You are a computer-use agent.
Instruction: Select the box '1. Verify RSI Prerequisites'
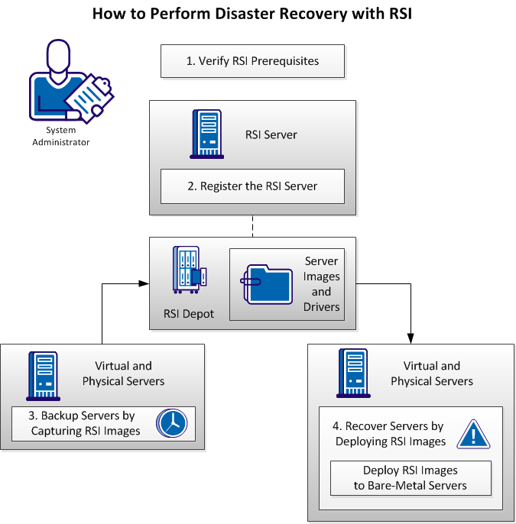tap(252, 61)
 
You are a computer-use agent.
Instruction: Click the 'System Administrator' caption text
tap(60, 136)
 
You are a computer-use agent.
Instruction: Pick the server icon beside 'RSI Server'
tap(206, 134)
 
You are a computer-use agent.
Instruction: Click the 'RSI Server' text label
tap(271, 134)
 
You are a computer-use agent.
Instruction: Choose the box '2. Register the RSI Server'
tap(252, 186)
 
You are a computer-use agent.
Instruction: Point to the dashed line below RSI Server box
tap(252, 226)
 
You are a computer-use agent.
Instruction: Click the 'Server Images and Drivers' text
tap(321, 283)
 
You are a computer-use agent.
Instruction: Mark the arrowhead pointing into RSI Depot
tap(144, 283)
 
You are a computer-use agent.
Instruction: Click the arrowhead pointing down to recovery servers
tap(412, 338)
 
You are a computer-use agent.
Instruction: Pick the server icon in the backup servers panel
tap(44, 374)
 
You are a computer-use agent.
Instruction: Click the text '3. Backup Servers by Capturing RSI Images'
tap(85, 423)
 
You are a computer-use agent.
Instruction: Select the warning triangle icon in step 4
tap(473, 435)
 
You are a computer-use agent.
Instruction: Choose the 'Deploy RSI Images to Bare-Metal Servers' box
tap(410, 478)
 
